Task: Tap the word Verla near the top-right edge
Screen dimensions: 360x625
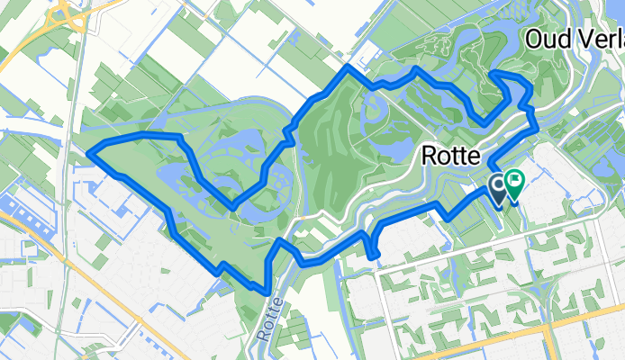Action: [x=598, y=40]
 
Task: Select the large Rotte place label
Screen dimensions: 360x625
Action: [x=452, y=157]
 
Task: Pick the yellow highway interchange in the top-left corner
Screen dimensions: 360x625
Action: [x=68, y=13]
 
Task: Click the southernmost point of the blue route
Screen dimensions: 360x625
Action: [x=265, y=291]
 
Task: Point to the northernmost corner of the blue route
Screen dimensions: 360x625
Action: [x=349, y=67]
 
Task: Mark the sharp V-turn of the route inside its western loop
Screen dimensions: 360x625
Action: [x=232, y=207]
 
